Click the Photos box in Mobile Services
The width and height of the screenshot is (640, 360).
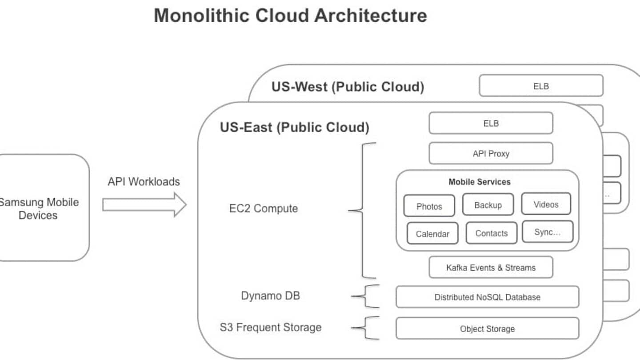click(429, 206)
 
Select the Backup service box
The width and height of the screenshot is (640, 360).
click(488, 205)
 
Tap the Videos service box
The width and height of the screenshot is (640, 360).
click(546, 204)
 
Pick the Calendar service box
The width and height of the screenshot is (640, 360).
click(432, 234)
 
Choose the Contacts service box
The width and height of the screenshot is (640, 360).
click(491, 233)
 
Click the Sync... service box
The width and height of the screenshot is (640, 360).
click(548, 232)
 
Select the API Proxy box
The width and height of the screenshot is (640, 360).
click(491, 154)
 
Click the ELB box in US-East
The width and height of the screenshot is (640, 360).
click(491, 123)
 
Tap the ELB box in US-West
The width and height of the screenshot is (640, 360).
click(541, 86)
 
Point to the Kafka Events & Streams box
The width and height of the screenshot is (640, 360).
click(491, 268)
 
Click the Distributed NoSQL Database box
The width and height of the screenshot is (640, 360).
click(487, 297)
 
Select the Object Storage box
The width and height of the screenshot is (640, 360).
click(487, 328)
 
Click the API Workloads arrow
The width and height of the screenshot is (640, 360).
click(144, 204)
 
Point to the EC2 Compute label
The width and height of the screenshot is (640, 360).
click(264, 208)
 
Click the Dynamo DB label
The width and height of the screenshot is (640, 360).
click(270, 296)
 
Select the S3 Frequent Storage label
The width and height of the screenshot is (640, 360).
click(271, 328)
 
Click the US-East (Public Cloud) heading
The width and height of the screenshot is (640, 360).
click(295, 128)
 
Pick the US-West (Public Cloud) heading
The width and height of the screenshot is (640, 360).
click(348, 86)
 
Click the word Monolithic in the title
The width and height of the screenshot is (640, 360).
click(201, 16)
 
